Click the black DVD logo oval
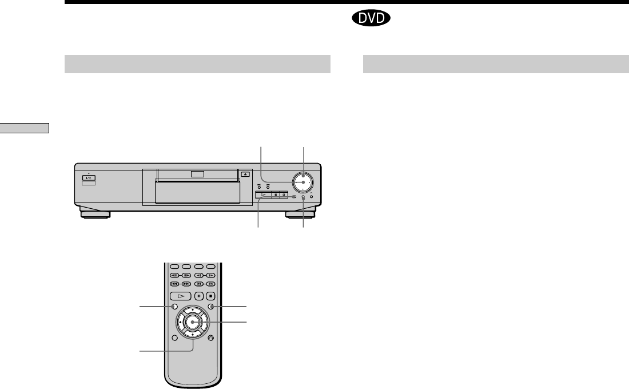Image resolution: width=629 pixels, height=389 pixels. (x=371, y=18)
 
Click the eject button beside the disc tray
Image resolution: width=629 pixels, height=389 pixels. (x=245, y=174)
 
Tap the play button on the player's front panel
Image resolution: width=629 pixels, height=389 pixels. (x=263, y=194)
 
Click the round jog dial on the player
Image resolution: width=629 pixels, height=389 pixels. (x=303, y=182)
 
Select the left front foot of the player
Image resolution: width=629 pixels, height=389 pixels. (x=95, y=215)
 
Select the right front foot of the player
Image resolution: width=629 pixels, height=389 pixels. (x=300, y=215)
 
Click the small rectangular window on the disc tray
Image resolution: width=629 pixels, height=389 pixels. (x=198, y=174)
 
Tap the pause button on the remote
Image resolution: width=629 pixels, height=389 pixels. (x=199, y=296)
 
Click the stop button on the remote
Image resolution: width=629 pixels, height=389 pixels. (x=210, y=296)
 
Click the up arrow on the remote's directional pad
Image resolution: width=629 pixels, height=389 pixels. (x=193, y=310)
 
